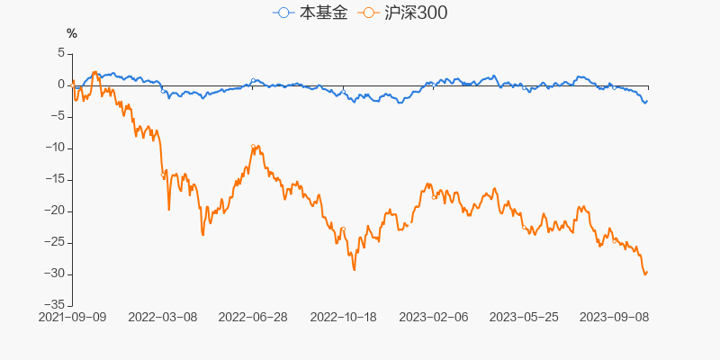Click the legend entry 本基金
point(310,13)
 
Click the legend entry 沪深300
point(402,13)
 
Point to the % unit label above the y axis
point(72,33)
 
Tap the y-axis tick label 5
point(61,53)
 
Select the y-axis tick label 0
point(61,85)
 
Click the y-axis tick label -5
point(58,116)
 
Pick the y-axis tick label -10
point(55,148)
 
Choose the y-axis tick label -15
point(55,179)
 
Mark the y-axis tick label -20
point(55,211)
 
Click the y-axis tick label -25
point(55,242)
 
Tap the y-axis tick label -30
point(55,274)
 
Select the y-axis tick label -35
point(55,305)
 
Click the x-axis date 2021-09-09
point(73,318)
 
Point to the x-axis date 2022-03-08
point(163,318)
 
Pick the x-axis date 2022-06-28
point(253,318)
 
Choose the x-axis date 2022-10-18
point(343,318)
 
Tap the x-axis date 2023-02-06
point(433,318)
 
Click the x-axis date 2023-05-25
point(523,318)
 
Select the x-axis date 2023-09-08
point(613,318)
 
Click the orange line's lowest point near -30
point(644,274)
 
